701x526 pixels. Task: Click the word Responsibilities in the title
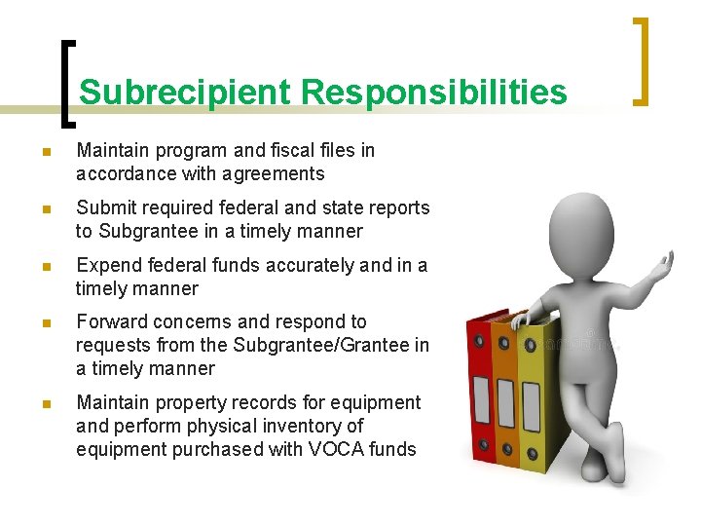coord(433,93)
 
